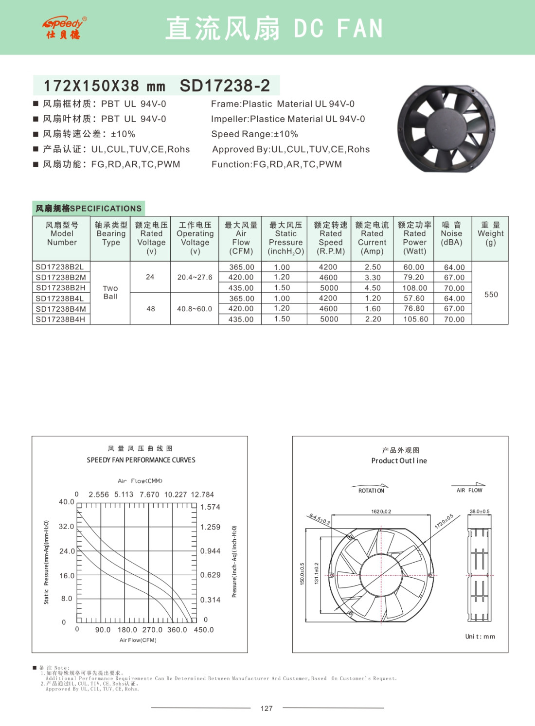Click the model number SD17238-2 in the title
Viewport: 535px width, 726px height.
(x=225, y=86)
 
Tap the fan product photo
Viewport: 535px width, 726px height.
(x=446, y=129)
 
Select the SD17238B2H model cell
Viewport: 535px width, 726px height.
(x=61, y=288)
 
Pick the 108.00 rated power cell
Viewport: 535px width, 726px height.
(x=415, y=288)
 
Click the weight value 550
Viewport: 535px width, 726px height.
(x=491, y=295)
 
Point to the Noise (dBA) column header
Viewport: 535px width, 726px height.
(x=451, y=234)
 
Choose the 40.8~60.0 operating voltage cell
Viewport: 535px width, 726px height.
(x=195, y=309)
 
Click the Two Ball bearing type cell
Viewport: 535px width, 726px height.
(x=110, y=292)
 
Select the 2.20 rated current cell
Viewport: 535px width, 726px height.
(x=373, y=319)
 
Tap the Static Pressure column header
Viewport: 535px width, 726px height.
(x=285, y=238)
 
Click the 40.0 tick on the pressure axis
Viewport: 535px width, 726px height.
(x=67, y=502)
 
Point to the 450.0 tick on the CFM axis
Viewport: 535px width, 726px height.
(x=204, y=630)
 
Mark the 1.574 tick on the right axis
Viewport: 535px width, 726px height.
(x=210, y=507)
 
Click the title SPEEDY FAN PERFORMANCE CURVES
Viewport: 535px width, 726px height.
(x=141, y=460)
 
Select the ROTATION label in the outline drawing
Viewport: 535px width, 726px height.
(x=371, y=491)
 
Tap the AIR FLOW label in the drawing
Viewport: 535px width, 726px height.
(x=469, y=490)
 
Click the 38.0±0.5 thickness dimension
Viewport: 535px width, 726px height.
(x=480, y=512)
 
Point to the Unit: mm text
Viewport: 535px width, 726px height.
(x=480, y=637)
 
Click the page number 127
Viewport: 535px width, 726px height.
(x=267, y=708)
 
